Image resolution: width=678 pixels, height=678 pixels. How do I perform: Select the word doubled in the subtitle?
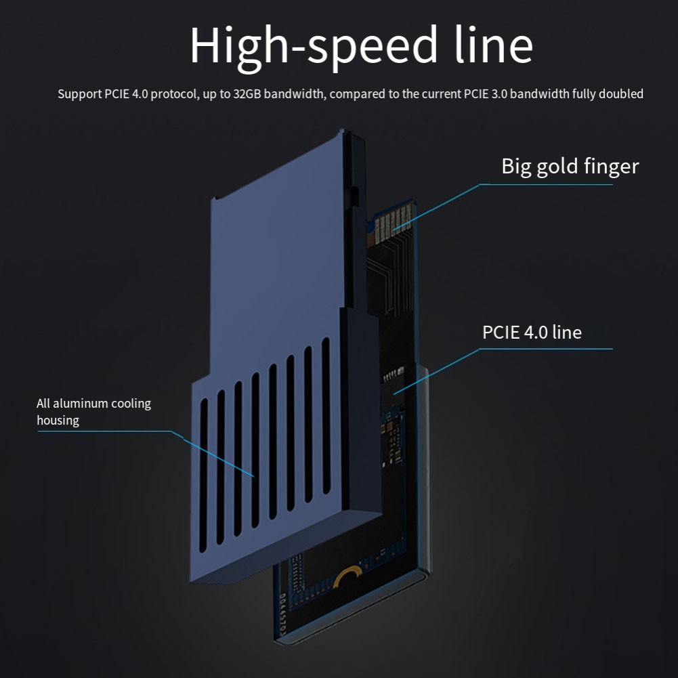click(622, 94)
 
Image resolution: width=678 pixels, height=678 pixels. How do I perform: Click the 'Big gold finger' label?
click(570, 166)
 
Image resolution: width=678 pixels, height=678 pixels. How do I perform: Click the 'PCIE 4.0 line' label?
click(532, 332)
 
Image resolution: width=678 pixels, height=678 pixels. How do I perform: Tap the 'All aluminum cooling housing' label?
click(93, 412)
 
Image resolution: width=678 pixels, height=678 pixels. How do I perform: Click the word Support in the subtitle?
click(79, 94)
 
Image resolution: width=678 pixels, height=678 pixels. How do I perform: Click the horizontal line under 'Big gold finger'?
click(545, 184)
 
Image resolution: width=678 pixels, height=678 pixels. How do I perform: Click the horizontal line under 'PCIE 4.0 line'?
click(545, 349)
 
